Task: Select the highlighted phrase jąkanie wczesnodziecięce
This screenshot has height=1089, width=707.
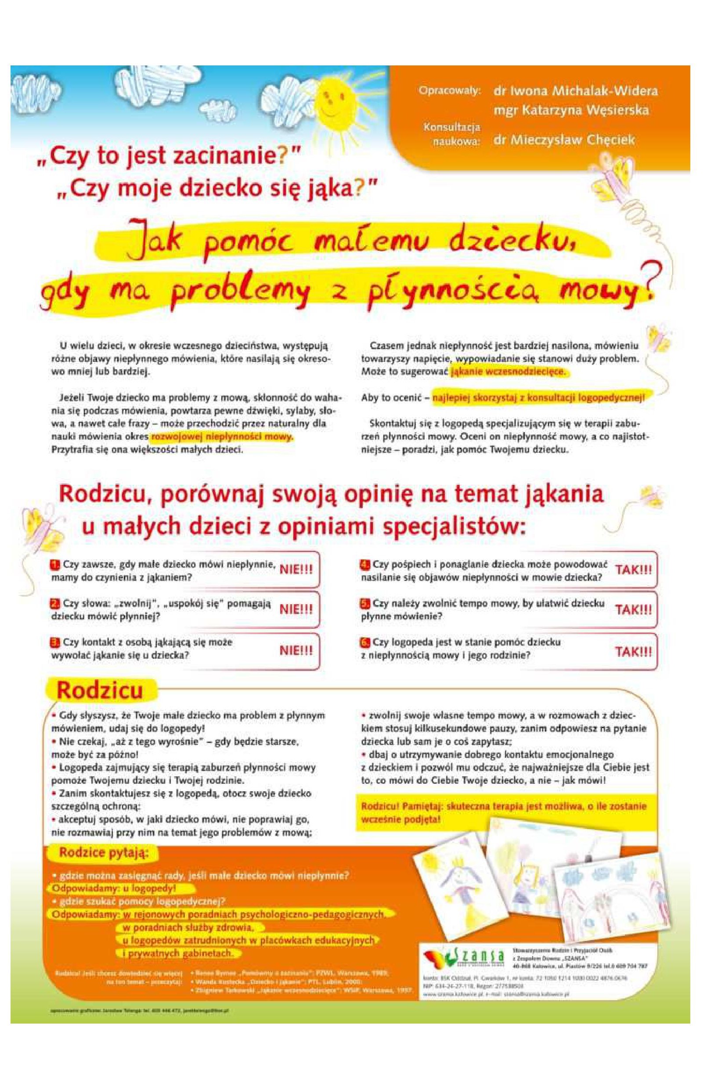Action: [x=508, y=371]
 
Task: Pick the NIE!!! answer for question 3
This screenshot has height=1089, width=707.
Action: [x=296, y=651]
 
